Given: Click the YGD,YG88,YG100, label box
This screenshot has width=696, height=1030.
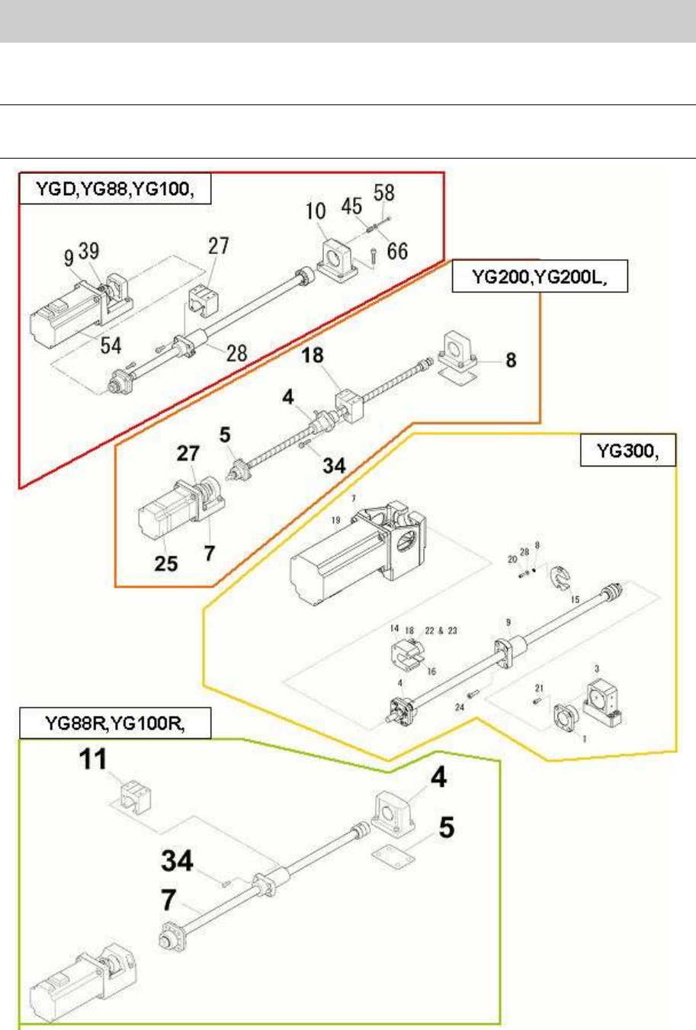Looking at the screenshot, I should tap(114, 190).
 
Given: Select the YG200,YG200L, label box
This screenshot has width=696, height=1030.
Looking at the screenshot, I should tap(540, 277).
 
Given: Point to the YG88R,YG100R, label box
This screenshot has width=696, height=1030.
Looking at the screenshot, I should tap(114, 724).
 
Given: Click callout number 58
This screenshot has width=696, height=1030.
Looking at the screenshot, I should tap(384, 192).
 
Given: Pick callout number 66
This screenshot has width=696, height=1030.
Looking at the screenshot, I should tap(397, 250).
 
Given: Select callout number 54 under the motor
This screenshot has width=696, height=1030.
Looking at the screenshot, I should tap(111, 345).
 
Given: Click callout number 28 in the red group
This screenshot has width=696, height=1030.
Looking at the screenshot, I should tap(236, 352).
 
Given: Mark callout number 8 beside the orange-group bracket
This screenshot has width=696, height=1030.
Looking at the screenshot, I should tap(511, 360).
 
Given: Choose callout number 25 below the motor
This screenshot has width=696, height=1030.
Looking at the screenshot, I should tap(165, 563).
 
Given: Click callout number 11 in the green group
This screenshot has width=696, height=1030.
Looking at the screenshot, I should tap(93, 759).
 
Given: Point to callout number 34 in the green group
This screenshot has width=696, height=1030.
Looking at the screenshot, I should tap(177, 861).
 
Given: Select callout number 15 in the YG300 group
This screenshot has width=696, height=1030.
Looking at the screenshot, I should tap(576, 599).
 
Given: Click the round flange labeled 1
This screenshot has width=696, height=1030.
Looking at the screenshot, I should tap(566, 717).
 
